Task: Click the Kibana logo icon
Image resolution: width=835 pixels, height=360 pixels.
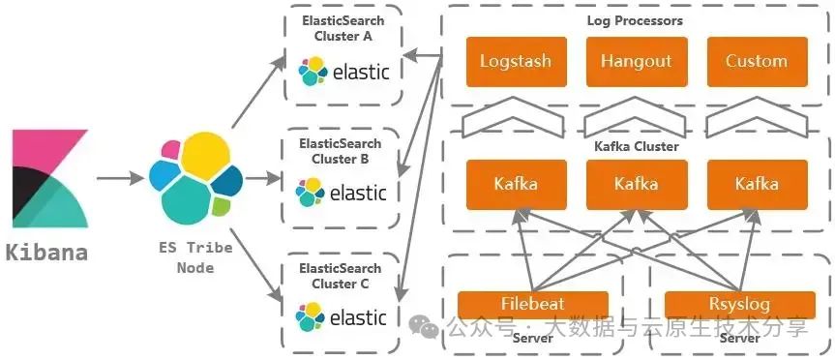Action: (x=49, y=179)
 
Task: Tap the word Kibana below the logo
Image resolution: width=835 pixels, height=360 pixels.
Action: (x=46, y=254)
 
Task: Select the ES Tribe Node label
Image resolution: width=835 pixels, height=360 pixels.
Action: (x=195, y=256)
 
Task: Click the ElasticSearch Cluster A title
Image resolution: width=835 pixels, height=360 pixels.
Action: (x=343, y=28)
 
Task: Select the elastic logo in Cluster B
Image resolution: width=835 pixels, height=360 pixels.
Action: (x=343, y=192)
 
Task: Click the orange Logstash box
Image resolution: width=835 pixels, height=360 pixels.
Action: (x=515, y=61)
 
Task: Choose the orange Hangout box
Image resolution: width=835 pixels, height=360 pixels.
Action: (x=636, y=61)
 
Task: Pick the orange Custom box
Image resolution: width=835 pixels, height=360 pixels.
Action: (x=757, y=61)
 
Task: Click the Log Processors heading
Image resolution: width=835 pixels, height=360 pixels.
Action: (x=635, y=20)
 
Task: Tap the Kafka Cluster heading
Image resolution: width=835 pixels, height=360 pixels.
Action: (x=636, y=146)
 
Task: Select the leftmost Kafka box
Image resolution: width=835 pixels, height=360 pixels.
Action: (x=515, y=184)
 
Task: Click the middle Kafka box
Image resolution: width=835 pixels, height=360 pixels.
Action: (x=636, y=184)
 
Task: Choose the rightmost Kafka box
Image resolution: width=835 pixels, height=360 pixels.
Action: (x=757, y=184)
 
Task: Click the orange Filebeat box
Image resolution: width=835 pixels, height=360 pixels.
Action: (x=533, y=303)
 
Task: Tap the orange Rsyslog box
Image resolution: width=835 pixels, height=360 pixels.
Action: (x=739, y=303)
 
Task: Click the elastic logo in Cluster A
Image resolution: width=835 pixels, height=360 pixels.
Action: (x=343, y=71)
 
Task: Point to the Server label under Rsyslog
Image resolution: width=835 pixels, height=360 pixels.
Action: (x=739, y=338)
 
